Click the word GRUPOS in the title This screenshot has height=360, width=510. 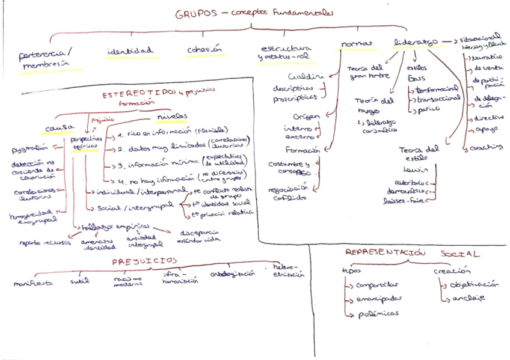coord(195,13)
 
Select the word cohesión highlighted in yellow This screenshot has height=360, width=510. coord(204,50)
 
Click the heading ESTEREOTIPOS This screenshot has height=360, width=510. coord(137,94)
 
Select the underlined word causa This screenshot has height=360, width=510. coord(59,128)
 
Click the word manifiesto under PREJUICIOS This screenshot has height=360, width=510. coord(33,281)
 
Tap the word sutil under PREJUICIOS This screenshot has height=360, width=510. coord(79,280)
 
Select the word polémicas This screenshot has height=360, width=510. coord(379,313)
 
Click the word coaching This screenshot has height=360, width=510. coord(486,147)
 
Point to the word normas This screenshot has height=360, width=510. coord(354,44)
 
